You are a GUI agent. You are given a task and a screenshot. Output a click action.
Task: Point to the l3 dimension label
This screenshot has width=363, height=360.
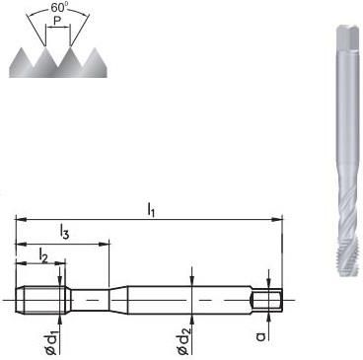tap(64, 232)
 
